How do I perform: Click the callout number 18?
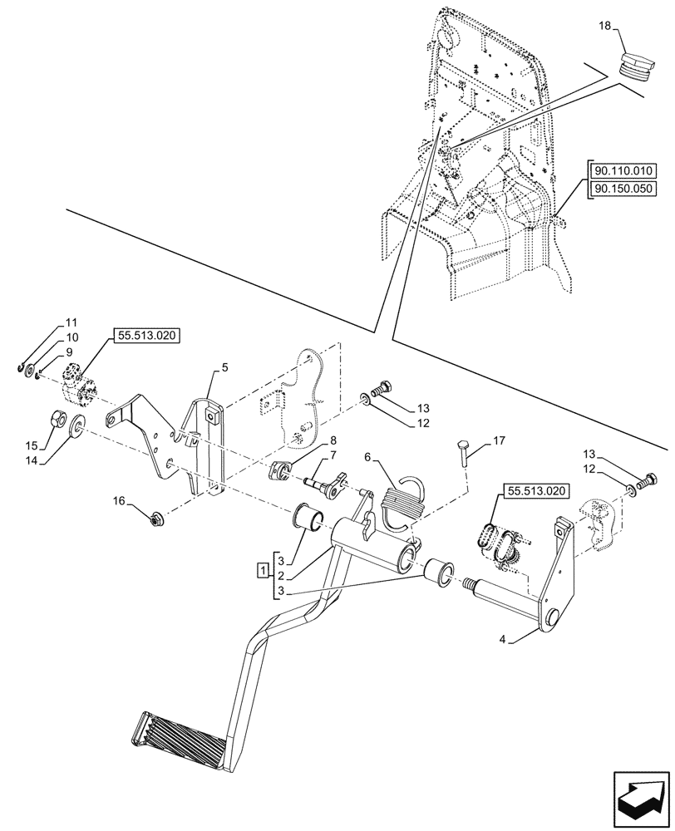pyautogui.click(x=604, y=27)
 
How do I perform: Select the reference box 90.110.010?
pyautogui.click(x=623, y=172)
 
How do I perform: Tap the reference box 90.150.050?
pyautogui.click(x=623, y=189)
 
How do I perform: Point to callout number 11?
pyautogui.click(x=70, y=322)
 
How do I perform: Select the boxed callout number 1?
pyautogui.click(x=262, y=572)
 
